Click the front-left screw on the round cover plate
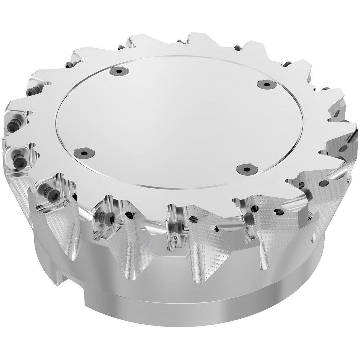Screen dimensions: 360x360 84,153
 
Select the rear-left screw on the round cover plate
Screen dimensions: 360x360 119,72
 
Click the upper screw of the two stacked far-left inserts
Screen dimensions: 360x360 13,126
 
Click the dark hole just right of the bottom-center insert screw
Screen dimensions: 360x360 194,219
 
